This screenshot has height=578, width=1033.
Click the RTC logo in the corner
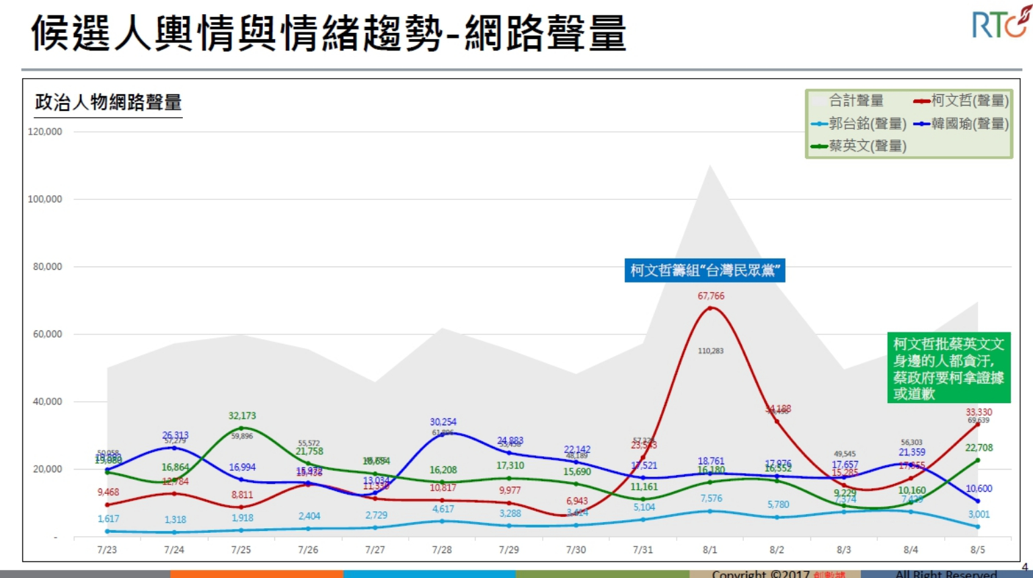pyautogui.click(x=999, y=24)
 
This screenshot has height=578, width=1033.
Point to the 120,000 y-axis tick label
pyautogui.click(x=45, y=132)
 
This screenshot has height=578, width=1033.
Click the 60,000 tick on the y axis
pyautogui.click(x=47, y=334)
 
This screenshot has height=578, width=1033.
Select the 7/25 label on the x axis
pyautogui.click(x=241, y=550)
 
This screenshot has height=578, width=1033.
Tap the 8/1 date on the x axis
pyautogui.click(x=710, y=550)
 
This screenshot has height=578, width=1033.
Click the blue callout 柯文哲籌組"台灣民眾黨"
pyautogui.click(x=705, y=270)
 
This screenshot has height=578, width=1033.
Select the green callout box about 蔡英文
pyautogui.click(x=948, y=369)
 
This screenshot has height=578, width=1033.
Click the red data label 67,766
pyautogui.click(x=711, y=296)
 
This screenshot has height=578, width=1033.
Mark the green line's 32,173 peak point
pyautogui.click(x=241, y=428)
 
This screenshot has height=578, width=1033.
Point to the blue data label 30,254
pyautogui.click(x=443, y=422)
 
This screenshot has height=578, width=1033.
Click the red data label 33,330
pyautogui.click(x=979, y=412)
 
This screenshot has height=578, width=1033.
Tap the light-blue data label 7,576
pyautogui.click(x=711, y=499)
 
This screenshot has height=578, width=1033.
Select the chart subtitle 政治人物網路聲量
pyautogui.click(x=108, y=102)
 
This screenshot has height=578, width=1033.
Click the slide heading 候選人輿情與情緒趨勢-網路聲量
pyautogui.click(x=328, y=34)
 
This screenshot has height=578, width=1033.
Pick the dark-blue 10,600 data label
pyautogui.click(x=979, y=489)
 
